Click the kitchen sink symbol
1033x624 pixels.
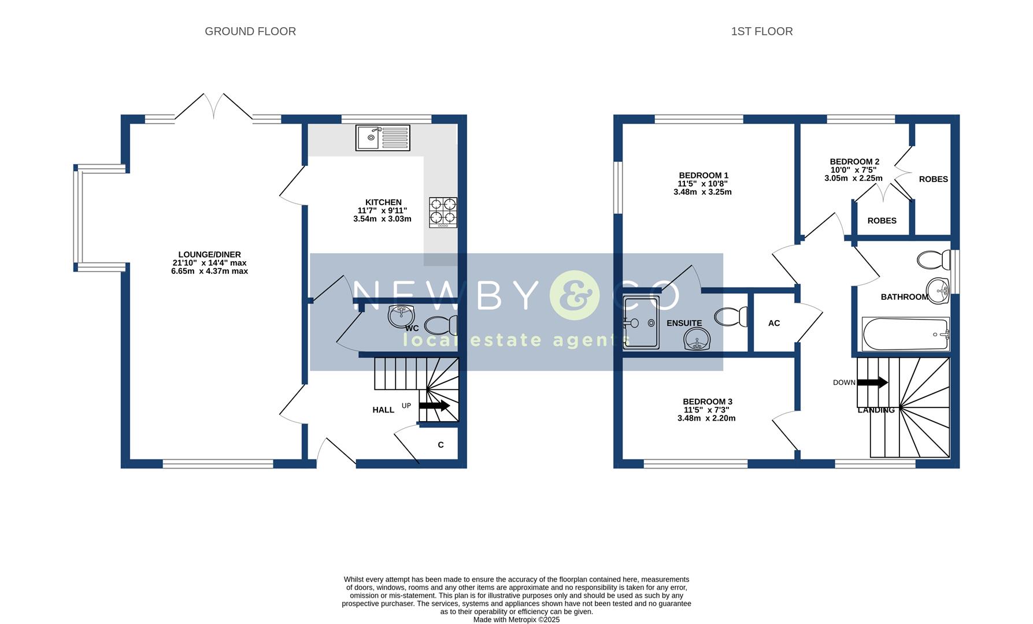pyautogui.click(x=383, y=138)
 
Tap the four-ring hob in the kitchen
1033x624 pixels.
pyautogui.click(x=443, y=212)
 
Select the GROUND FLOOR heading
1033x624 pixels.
pyautogui.click(x=250, y=32)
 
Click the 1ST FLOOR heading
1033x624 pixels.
pyautogui.click(x=761, y=32)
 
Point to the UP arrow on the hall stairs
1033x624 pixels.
pyautogui.click(x=434, y=406)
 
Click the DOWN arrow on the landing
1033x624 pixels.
pyautogui.click(x=872, y=382)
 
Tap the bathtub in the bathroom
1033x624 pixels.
pyautogui.click(x=905, y=335)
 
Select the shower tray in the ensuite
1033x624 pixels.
pyautogui.click(x=641, y=322)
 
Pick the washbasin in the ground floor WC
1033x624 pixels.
pyautogui.click(x=401, y=315)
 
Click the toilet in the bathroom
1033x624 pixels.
pyautogui.click(x=934, y=259)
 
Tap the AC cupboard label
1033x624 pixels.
pyautogui.click(x=773, y=323)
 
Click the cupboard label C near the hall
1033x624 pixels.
pyautogui.click(x=440, y=445)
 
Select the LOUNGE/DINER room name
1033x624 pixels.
pyautogui.click(x=209, y=254)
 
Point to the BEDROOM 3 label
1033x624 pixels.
pyautogui.click(x=707, y=402)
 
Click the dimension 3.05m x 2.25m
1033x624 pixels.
pyautogui.click(x=853, y=179)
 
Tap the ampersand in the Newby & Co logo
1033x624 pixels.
pyautogui.click(x=572, y=295)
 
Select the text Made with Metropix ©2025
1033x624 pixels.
pyautogui.click(x=516, y=619)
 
